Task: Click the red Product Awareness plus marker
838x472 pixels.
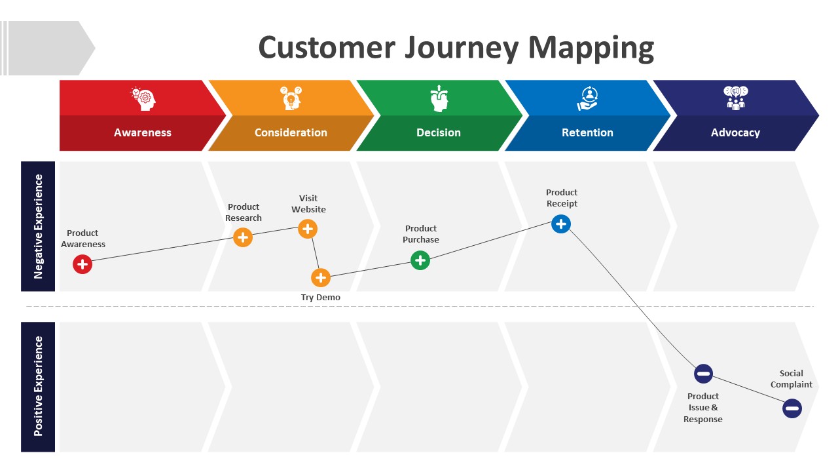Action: coord(82,264)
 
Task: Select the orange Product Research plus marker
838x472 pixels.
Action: coord(243,237)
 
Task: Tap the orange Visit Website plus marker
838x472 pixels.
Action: coord(308,229)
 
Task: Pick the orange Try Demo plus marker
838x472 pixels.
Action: coord(321,278)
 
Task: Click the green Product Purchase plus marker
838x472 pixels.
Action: coord(420,260)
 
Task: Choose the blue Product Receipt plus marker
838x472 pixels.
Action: coord(561,224)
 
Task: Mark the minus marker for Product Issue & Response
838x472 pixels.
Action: coord(703,374)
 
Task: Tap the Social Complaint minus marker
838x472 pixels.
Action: coord(792,408)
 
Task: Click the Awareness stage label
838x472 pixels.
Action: coord(143,132)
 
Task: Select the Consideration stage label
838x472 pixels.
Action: coord(291,132)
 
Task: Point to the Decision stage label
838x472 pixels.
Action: coord(439,132)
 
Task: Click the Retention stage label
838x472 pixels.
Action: coord(587,132)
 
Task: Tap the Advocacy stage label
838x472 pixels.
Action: coord(735,133)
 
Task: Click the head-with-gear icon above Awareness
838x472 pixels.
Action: coord(143,98)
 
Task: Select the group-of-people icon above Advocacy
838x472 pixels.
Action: coord(735,98)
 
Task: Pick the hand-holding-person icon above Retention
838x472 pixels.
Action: coord(587,98)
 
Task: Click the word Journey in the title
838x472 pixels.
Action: coord(462,49)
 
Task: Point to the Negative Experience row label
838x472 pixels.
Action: coord(38,227)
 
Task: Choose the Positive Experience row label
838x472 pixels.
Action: coord(38,386)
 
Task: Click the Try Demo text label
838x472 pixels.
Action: coord(321,298)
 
